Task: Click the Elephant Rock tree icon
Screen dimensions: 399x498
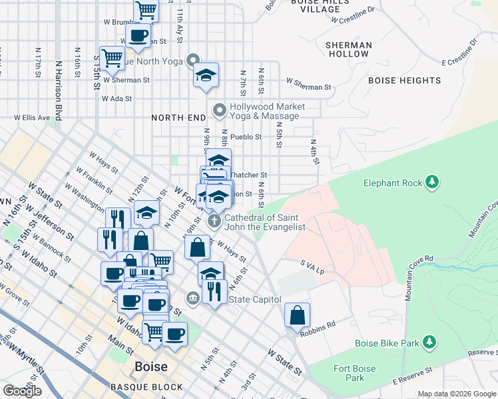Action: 432,182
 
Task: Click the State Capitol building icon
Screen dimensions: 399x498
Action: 193,297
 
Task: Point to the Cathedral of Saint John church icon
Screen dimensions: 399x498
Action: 214,220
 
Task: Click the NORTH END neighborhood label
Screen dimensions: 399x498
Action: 178,118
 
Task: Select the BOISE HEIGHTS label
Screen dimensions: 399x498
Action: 404,80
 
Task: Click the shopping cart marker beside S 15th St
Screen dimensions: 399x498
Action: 112,57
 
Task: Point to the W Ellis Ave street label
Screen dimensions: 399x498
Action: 33,118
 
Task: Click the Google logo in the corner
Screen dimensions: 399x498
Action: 23,391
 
